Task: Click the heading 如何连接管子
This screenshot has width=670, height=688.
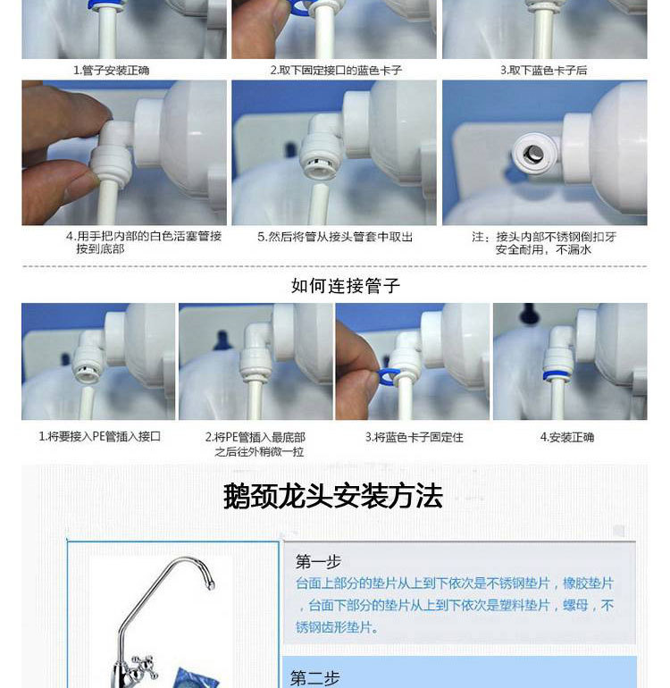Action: tap(346, 286)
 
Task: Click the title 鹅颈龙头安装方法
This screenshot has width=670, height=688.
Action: tap(333, 496)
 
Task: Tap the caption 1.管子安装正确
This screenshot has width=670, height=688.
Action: tap(111, 71)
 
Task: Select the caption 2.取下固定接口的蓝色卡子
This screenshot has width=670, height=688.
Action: tap(336, 71)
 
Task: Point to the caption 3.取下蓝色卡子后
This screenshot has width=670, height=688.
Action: tap(544, 71)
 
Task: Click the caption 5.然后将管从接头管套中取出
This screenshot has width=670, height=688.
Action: tap(335, 237)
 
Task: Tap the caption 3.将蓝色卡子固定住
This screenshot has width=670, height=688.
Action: tap(415, 437)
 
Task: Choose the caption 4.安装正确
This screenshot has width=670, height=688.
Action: tap(567, 437)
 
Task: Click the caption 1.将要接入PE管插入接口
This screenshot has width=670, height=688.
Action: tap(99, 437)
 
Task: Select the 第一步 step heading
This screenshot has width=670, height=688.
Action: tap(318, 562)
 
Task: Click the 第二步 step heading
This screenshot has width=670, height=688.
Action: tap(315, 678)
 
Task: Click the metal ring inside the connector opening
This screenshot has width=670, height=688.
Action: tap(532, 154)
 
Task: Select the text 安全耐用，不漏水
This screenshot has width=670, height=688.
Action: tap(543, 249)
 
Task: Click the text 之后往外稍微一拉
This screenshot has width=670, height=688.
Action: tap(259, 452)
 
